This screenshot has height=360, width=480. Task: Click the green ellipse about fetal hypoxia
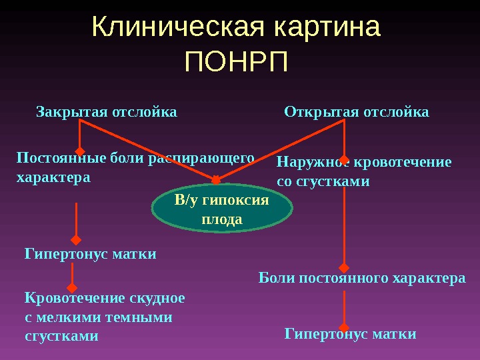click(223, 209)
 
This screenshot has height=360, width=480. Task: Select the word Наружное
click(312, 162)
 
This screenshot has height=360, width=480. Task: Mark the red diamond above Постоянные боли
click(79, 151)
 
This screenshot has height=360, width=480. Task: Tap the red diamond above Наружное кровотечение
click(344, 151)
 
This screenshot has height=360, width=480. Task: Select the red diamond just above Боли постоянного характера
click(344, 266)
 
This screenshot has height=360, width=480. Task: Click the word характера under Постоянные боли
click(53, 178)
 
